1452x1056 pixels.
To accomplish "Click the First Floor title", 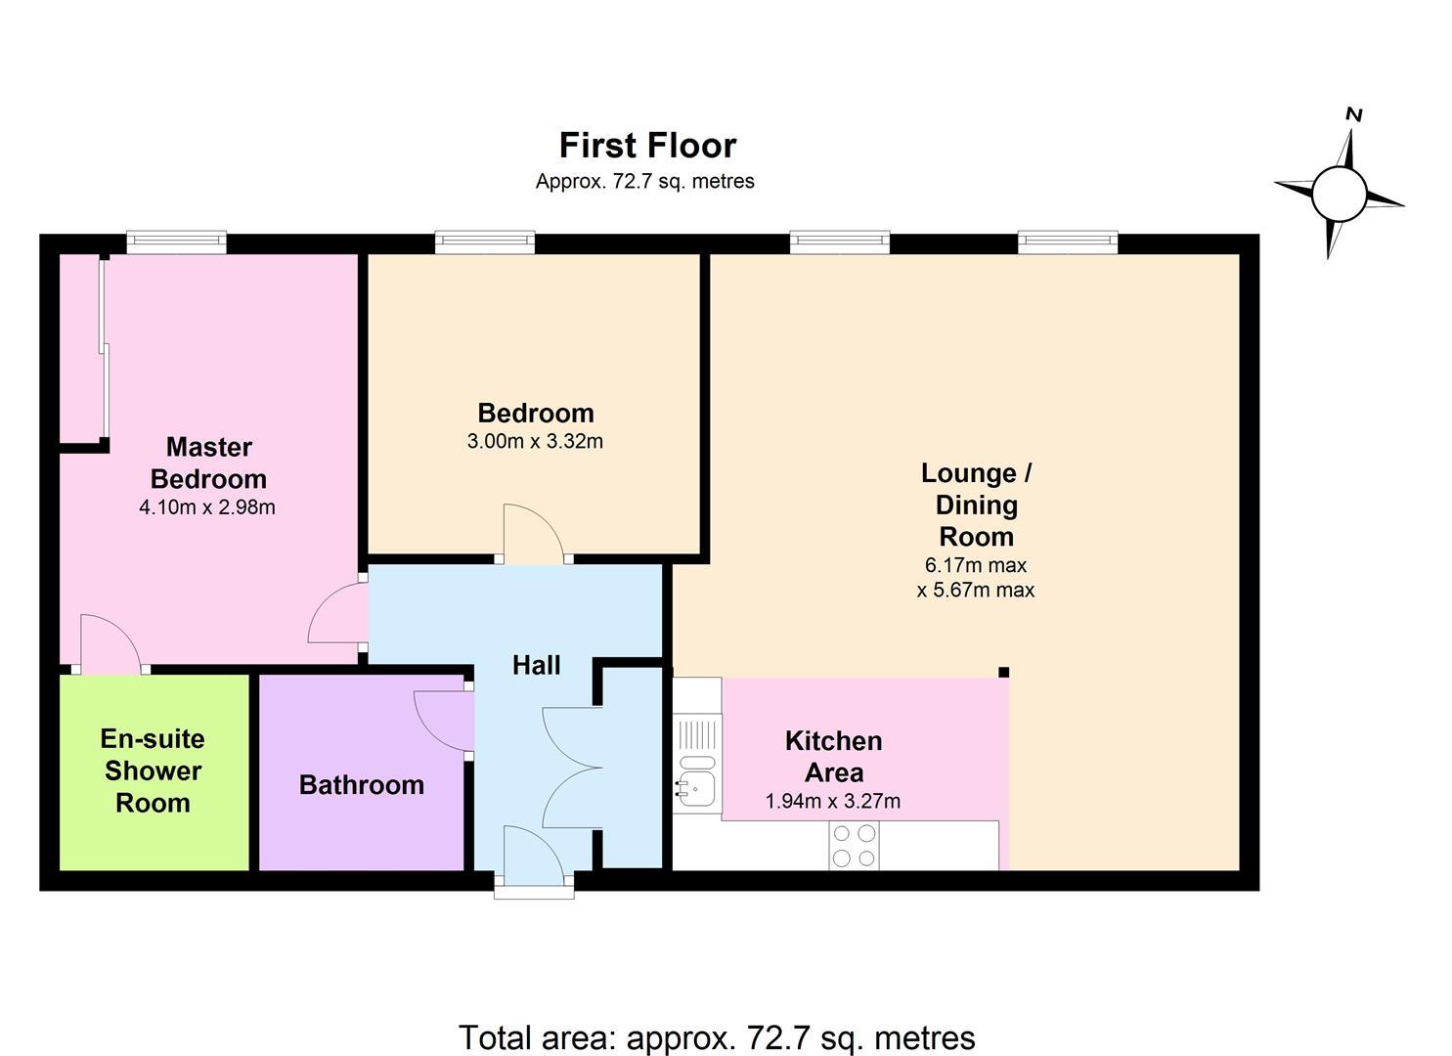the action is [647, 146].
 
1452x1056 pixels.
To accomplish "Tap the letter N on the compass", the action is [1353, 114].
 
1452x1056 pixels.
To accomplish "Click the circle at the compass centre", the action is [1340, 194].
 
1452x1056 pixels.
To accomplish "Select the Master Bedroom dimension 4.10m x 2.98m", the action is [206, 506].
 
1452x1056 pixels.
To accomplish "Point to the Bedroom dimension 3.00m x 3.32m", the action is [535, 441].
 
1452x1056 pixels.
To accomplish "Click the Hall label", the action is [536, 665].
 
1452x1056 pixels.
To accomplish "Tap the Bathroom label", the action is [361, 785].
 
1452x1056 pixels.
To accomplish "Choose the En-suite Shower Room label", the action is [153, 770].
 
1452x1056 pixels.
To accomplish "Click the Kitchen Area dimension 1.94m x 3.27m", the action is [832, 802].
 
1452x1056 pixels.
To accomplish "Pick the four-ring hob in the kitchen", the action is [854, 846].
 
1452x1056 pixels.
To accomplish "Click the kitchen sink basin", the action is [697, 789].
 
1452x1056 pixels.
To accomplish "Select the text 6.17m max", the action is [975, 565].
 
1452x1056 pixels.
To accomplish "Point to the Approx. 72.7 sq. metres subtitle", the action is [645, 182].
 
